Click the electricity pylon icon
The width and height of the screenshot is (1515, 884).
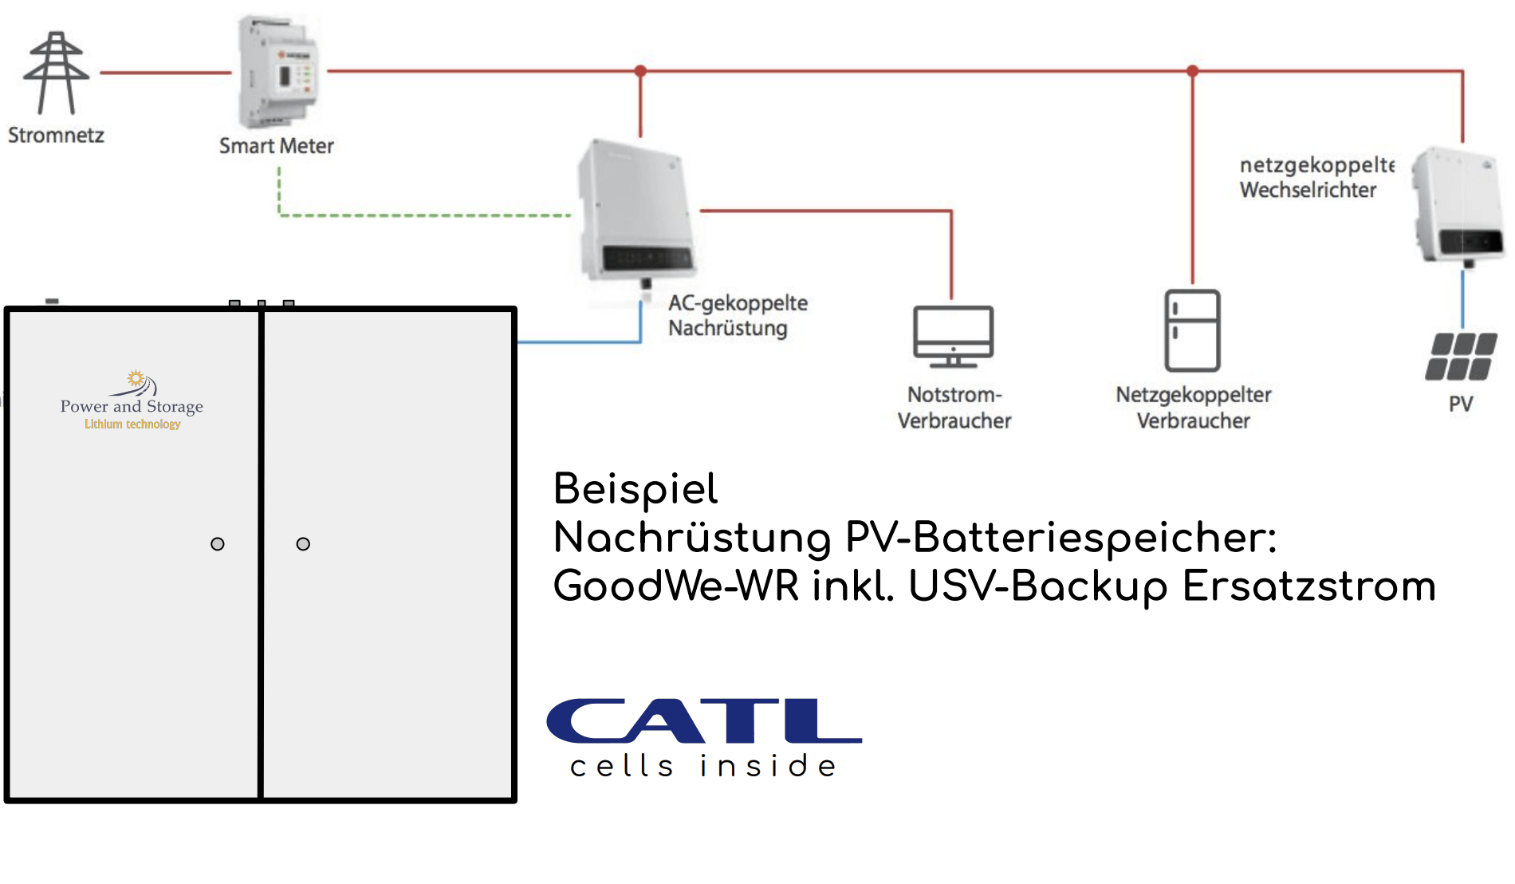click(x=56, y=73)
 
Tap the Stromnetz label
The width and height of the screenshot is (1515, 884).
click(x=56, y=135)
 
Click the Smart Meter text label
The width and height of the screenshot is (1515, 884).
click(x=276, y=146)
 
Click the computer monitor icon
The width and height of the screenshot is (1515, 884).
click(x=953, y=336)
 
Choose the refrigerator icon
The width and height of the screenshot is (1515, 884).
click(x=1192, y=330)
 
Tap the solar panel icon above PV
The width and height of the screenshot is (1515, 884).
click(x=1461, y=357)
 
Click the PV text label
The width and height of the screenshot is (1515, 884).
click(x=1461, y=404)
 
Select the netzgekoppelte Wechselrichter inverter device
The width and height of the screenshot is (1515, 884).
click(x=1459, y=205)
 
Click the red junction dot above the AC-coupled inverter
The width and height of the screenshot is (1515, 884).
click(x=640, y=71)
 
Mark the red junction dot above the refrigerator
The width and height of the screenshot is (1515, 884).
click(x=1192, y=71)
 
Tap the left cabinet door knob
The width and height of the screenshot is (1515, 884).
click(x=218, y=544)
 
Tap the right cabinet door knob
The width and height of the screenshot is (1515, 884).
click(x=303, y=544)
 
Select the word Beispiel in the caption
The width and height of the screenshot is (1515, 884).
click(x=636, y=489)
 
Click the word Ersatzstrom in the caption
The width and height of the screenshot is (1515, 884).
click(x=1308, y=586)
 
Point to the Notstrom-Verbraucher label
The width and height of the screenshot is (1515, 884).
click(x=954, y=408)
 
